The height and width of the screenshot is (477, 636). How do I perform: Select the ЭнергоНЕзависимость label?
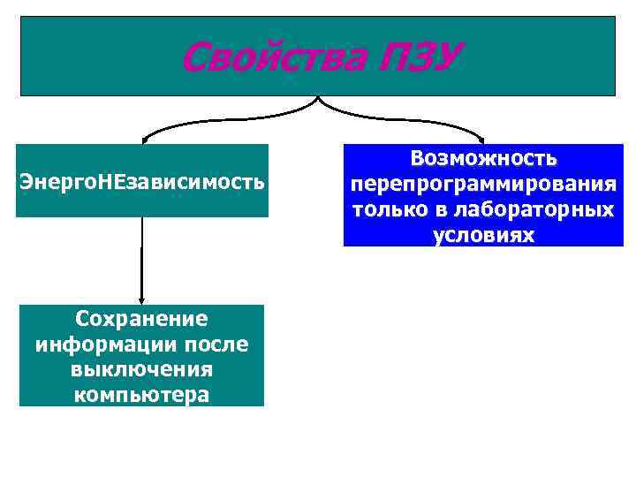tap(141, 182)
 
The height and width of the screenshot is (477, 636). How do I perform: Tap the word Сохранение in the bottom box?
tap(141, 318)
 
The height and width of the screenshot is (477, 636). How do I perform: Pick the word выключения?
tap(141, 368)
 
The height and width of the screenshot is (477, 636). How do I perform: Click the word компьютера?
tap(141, 394)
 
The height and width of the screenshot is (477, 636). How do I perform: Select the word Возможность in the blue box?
tap(483, 159)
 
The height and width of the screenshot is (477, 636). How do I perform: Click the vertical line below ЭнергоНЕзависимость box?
tap(142, 256)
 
